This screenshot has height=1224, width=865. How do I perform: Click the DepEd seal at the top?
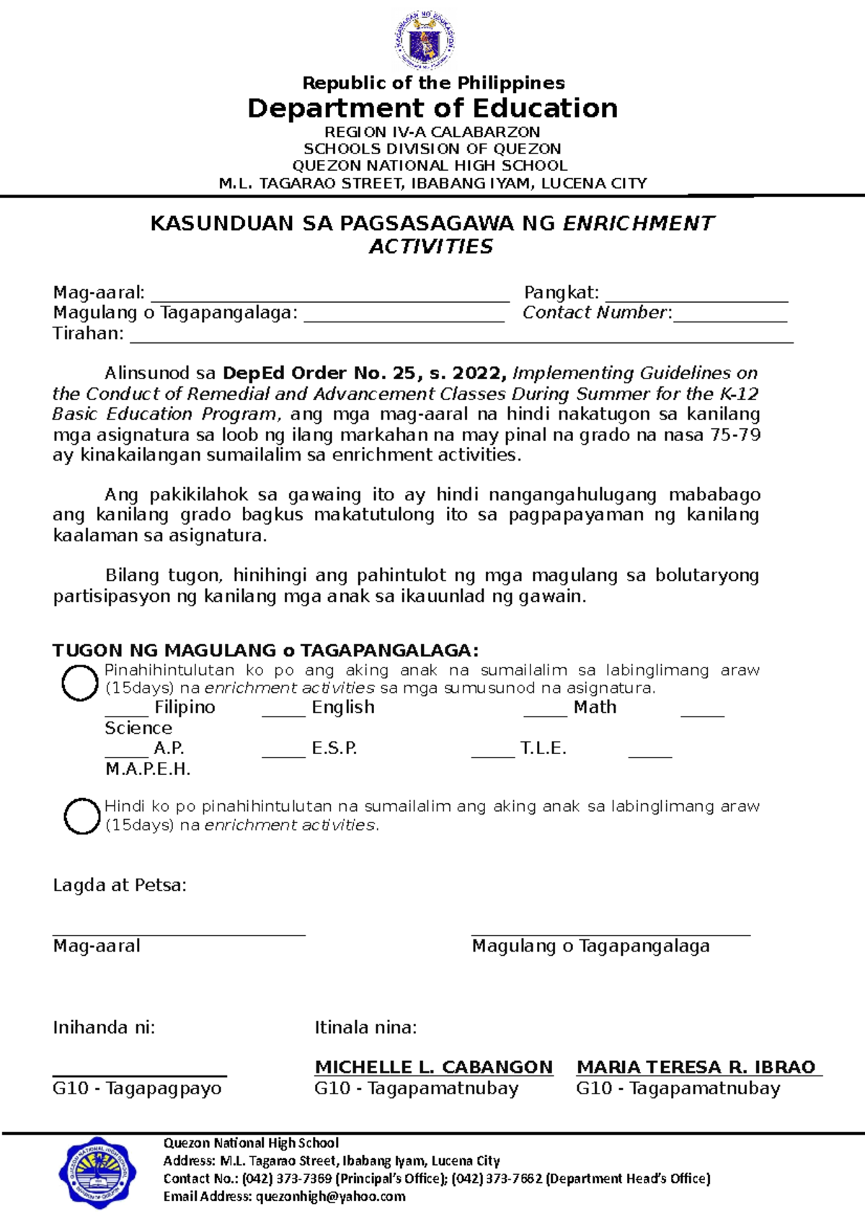coord(425,41)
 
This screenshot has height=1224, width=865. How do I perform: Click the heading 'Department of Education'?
coord(432,108)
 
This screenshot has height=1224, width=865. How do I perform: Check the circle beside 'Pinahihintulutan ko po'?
coord(79,683)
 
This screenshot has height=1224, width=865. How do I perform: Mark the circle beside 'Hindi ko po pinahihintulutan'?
coord(81,816)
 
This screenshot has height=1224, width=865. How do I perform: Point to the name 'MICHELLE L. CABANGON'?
coord(434,1067)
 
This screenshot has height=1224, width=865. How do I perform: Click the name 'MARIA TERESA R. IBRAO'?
coord(696,1067)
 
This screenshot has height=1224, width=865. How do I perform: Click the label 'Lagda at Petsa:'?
coord(120,885)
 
